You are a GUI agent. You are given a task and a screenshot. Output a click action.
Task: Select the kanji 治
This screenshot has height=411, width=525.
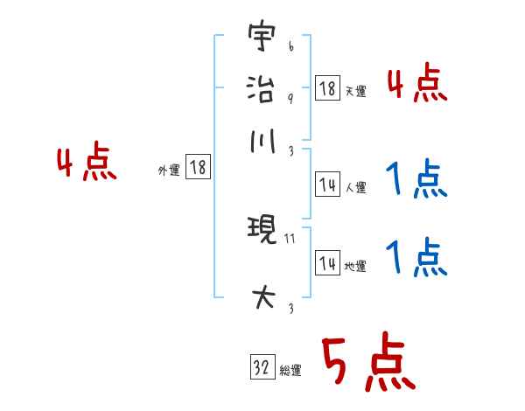261,90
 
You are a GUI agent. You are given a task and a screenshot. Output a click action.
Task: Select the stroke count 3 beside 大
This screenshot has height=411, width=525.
290,309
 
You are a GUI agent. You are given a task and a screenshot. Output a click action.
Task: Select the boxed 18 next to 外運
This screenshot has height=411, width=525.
198,168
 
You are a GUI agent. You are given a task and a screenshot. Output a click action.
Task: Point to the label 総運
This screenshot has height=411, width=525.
290,371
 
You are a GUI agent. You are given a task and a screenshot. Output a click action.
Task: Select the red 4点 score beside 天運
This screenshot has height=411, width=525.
417,86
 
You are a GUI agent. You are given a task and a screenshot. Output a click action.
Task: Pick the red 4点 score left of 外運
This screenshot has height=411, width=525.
86,164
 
